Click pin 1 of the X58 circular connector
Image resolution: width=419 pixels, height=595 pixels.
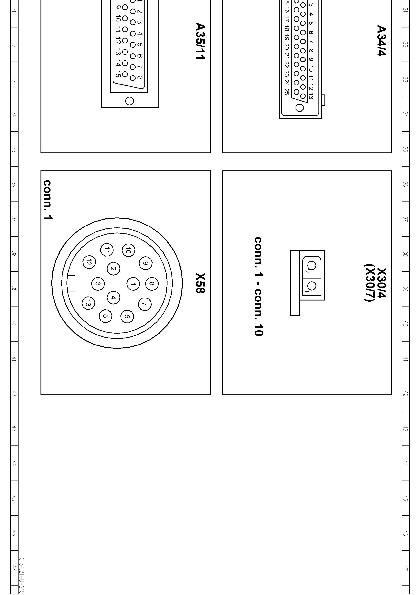(133, 284)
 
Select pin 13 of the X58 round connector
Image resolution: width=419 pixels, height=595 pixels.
(88, 303)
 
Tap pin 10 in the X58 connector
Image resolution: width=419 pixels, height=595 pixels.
(128, 250)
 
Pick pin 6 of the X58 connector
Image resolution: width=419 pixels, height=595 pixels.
(127, 316)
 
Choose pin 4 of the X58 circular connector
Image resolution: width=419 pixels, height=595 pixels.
(113, 297)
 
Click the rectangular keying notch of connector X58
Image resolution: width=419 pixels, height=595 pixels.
(71, 283)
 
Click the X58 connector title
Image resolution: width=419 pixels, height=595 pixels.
(200, 283)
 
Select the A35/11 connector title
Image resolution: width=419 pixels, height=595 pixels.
(200, 41)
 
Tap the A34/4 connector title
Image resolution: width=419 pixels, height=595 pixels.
(381, 40)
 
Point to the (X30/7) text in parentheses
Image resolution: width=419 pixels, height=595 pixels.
(369, 283)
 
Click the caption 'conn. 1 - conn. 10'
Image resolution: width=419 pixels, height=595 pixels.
(259, 286)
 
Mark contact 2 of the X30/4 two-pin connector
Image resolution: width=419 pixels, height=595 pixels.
(312, 265)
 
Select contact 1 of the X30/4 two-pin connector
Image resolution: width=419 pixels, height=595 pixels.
(312, 286)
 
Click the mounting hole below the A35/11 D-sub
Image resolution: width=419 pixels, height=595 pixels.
(129, 101)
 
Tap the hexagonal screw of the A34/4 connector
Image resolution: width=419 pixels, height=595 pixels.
(300, 107)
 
